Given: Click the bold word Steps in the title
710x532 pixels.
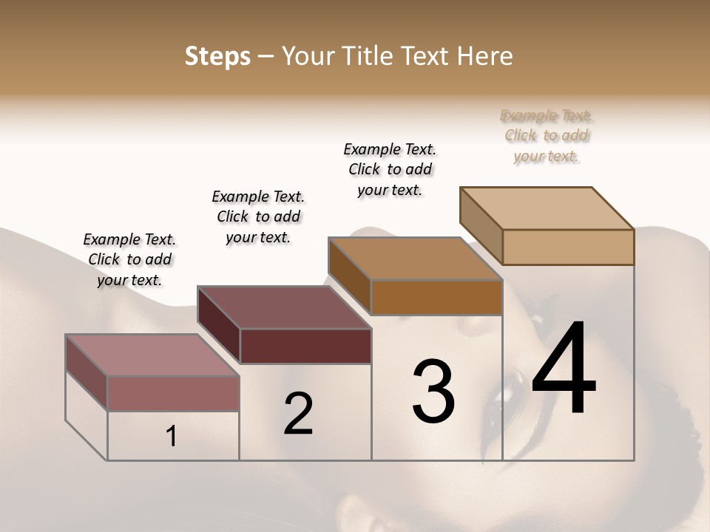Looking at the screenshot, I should pos(217,56).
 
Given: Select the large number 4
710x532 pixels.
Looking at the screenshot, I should pos(564,369).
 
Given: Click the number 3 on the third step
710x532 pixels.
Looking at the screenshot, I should pos(433,391).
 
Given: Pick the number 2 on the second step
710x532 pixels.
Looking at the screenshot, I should pos(298,414).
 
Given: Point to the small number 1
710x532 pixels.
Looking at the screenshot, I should pos(172,437).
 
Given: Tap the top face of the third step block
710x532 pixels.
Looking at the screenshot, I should pos(415,259).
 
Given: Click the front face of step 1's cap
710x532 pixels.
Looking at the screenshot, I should pos(173,393).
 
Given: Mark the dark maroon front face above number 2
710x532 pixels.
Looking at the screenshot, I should pos(305,346).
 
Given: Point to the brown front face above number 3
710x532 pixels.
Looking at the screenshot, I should pos(436,297).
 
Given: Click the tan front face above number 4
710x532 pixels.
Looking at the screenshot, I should pos(568,247).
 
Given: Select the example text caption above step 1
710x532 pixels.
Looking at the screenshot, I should pos(129,259).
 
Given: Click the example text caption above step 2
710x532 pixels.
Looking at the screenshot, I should pos(258,216).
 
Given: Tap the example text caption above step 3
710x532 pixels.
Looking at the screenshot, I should pos(390,169).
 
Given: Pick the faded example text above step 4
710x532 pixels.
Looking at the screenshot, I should pos(547,136).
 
